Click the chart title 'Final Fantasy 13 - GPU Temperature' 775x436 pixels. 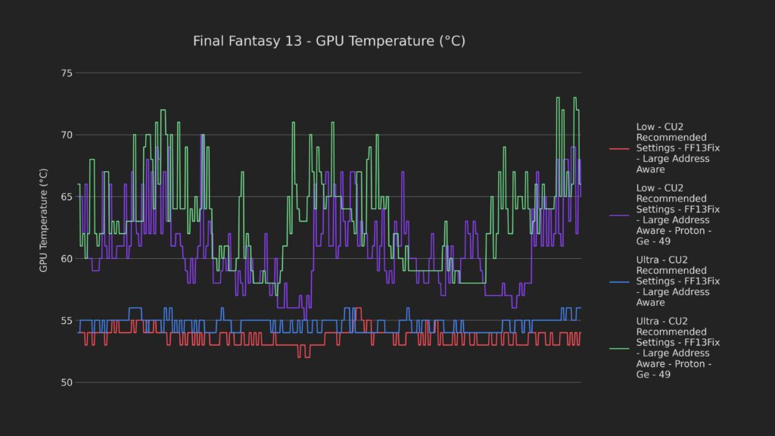tap(329, 41)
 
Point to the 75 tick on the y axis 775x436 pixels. tap(67, 73)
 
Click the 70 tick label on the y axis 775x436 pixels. tap(67, 135)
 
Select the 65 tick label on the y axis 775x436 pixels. tap(67, 197)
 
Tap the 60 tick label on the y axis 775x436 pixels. tap(67, 259)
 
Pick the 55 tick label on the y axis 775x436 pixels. tap(67, 321)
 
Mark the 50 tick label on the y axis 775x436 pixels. tap(67, 382)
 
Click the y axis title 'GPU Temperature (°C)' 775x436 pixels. tap(44, 220)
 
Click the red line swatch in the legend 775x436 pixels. tap(619, 148)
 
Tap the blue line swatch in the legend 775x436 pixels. tap(619, 281)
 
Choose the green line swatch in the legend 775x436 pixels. tap(619, 347)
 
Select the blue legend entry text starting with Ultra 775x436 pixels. tap(677, 281)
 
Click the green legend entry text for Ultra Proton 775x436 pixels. tap(677, 347)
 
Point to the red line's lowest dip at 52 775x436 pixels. tap(304, 355)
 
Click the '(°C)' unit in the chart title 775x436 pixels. tap(452, 41)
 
